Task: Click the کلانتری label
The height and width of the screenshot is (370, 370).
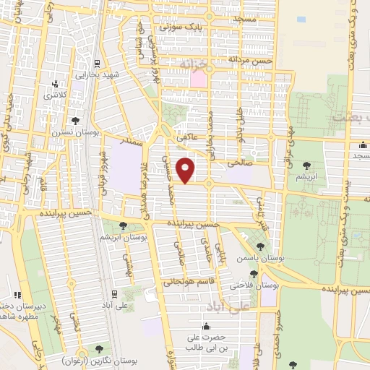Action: tap(53, 95)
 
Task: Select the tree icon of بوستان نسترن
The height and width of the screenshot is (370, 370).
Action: tap(76, 121)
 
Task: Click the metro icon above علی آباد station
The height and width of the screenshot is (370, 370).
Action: tap(114, 293)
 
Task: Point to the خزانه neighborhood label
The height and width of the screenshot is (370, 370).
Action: tap(197, 65)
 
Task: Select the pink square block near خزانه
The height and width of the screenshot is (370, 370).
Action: tap(198, 78)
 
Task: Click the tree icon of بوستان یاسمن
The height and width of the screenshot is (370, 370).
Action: tap(260, 246)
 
